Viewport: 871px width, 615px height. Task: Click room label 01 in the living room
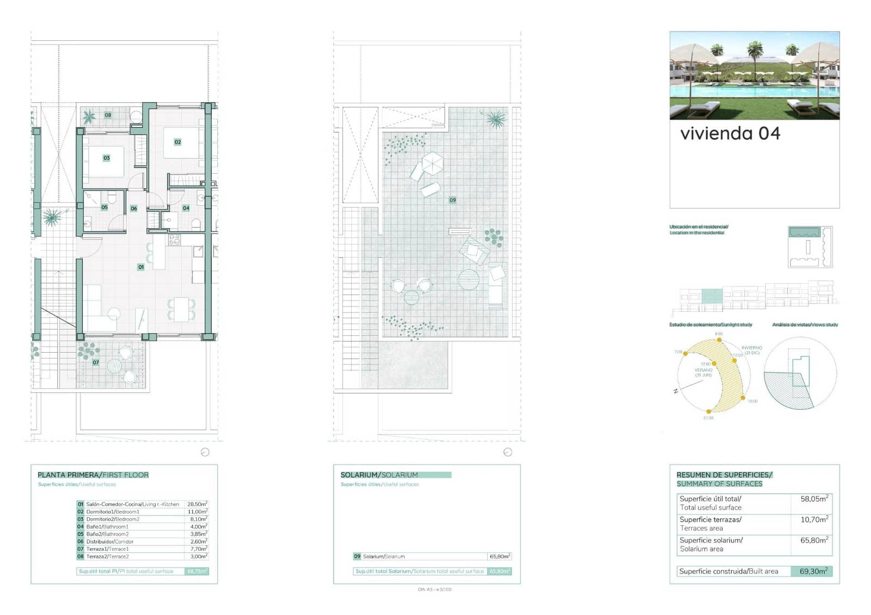(141, 267)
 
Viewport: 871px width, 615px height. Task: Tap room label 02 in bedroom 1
(177, 142)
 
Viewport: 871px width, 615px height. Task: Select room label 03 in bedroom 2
(107, 158)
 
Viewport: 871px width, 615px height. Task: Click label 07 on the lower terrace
(96, 362)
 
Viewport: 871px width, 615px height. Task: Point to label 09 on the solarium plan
(452, 200)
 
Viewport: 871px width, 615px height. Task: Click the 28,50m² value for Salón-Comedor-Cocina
(197, 505)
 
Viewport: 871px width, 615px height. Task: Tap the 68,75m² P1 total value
(197, 571)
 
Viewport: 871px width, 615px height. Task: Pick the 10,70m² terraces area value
(814, 520)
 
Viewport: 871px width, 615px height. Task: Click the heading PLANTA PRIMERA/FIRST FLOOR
(93, 475)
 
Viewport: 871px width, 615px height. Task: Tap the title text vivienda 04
(730, 133)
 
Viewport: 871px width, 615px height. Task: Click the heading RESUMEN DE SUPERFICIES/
(724, 475)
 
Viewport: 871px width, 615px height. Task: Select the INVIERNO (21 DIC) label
(752, 350)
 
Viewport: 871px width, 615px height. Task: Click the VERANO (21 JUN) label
(703, 372)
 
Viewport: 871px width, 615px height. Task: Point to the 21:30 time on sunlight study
(708, 418)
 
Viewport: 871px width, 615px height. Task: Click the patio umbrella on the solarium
(433, 163)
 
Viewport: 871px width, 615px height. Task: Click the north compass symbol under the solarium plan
(508, 452)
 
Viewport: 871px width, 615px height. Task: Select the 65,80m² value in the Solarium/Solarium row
(499, 557)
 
